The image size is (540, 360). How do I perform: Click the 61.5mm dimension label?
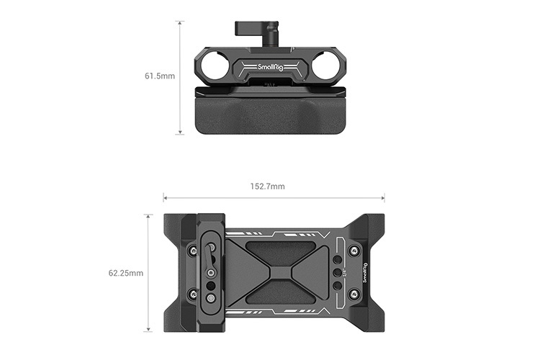pos(160,76)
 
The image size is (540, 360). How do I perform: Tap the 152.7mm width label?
pos(267,186)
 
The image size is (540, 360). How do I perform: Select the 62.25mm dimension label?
pos(126,274)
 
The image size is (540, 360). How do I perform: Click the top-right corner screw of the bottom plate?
pos(353,251)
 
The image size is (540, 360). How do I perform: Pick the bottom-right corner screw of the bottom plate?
pos(353,295)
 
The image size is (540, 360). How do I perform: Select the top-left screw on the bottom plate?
pos(192,250)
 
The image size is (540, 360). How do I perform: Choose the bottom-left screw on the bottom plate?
pos(192,295)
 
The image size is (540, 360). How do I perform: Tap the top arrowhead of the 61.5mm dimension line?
pos(179,22)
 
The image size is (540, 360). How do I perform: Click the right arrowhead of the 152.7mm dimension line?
pos(382,197)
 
